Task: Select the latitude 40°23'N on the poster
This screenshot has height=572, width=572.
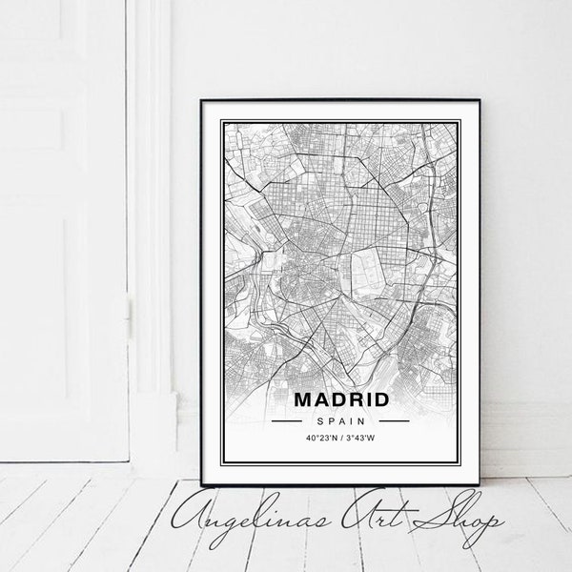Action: (321, 438)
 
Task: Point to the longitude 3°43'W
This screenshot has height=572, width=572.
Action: (361, 438)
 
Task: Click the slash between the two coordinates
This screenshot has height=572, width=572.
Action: (341, 438)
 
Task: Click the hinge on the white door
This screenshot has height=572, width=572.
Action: (129, 309)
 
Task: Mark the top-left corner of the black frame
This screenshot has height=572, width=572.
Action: (202, 98)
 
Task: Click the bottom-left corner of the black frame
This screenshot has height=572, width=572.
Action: (202, 485)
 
